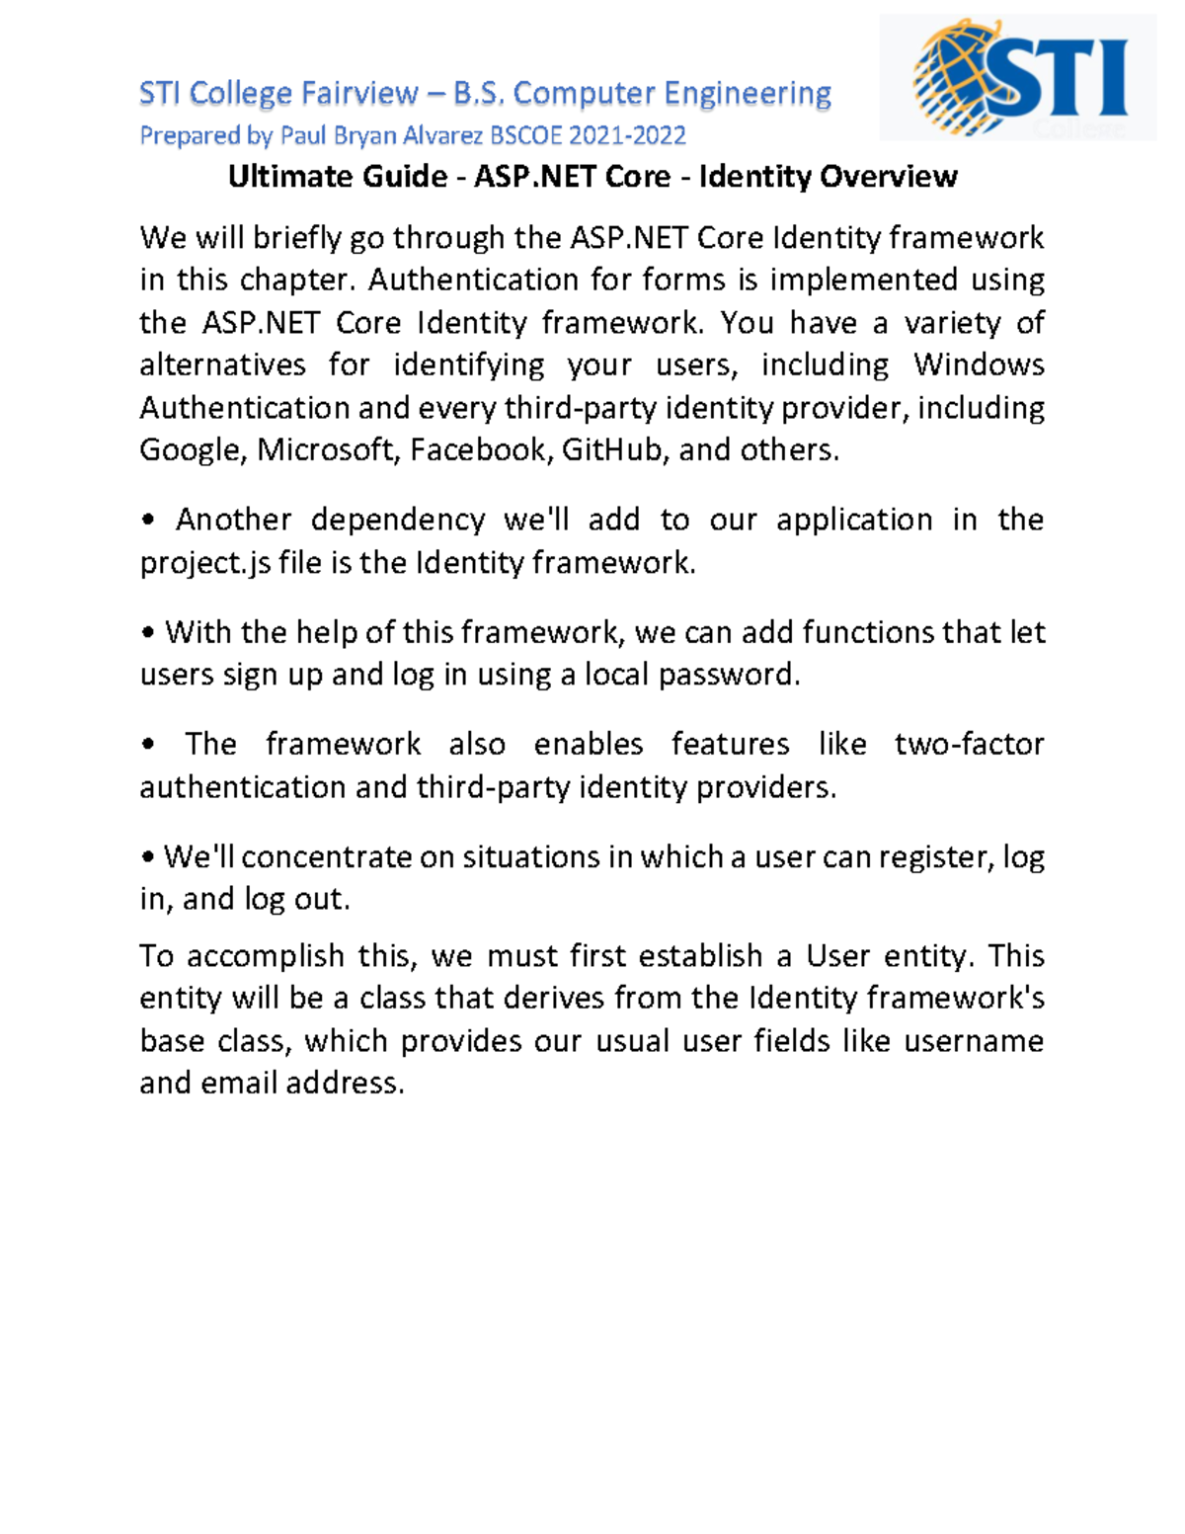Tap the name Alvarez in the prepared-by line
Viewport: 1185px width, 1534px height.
[x=448, y=135]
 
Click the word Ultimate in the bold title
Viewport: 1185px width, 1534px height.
[x=281, y=177]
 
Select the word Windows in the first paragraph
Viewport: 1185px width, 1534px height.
[x=979, y=365]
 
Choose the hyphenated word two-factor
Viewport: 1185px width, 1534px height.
[x=969, y=744]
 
